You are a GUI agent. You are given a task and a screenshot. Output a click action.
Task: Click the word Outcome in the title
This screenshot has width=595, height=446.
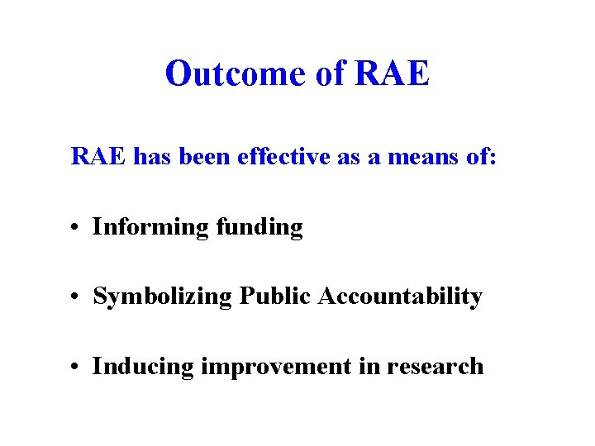coord(236,74)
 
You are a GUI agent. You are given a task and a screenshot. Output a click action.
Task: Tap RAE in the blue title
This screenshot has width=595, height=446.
coord(392,74)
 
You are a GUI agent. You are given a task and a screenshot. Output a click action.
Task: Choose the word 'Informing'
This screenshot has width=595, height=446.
coord(150,226)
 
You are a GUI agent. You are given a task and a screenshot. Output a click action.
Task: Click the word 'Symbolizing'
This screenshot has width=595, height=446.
coord(163,297)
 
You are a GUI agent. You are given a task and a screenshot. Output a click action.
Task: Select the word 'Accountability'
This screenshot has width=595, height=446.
coord(397,297)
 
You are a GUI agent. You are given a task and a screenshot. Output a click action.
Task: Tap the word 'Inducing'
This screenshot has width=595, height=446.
coord(143,366)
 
